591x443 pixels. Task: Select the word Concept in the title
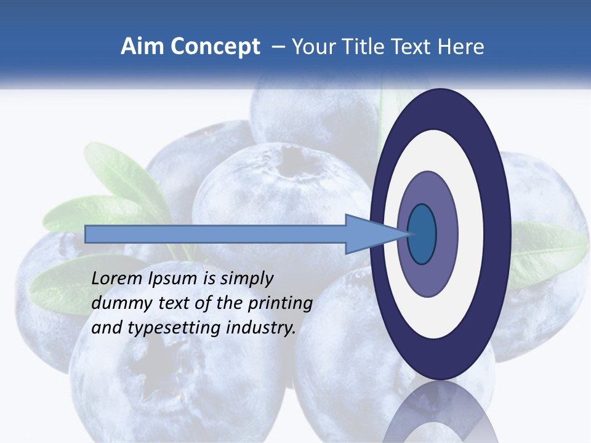[215, 47]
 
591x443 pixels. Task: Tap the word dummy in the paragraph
[118, 303]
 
